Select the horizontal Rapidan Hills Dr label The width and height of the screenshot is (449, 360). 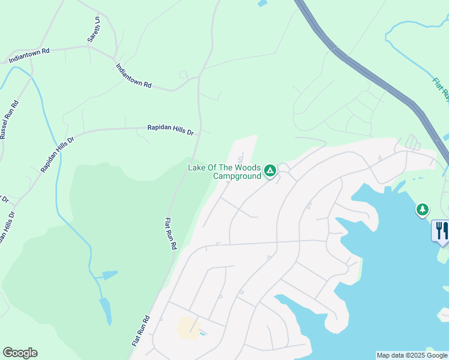coord(171,129)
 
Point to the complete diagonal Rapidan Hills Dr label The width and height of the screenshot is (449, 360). coord(57,154)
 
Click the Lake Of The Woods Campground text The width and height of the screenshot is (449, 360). coord(224,172)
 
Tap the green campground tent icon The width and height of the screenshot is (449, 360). coord(271,172)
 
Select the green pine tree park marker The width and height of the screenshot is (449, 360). coord(423,209)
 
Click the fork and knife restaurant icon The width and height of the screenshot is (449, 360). coord(442,230)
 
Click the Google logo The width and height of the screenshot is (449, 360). coord(20,353)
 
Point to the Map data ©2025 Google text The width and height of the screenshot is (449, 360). coord(411,355)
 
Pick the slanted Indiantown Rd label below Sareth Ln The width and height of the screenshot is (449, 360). coord(134,76)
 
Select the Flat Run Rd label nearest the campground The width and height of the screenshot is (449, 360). coord(170,233)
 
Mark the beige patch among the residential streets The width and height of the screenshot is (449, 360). coord(188,328)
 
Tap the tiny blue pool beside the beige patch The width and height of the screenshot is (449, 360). coord(203,333)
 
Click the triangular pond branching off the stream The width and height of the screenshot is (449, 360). coord(109,275)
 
